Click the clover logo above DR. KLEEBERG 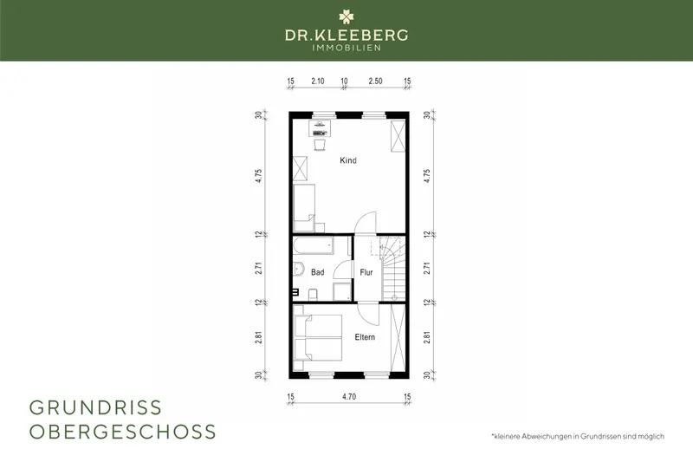tap(346, 17)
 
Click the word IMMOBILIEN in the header tap(346, 49)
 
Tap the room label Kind tap(348, 160)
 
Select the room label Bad tap(318, 272)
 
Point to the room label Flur tap(366, 272)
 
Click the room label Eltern tap(365, 337)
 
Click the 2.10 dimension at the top tap(317, 81)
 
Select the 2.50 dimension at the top tap(375, 81)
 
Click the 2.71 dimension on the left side tap(258, 268)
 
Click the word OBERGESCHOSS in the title tap(123, 431)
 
